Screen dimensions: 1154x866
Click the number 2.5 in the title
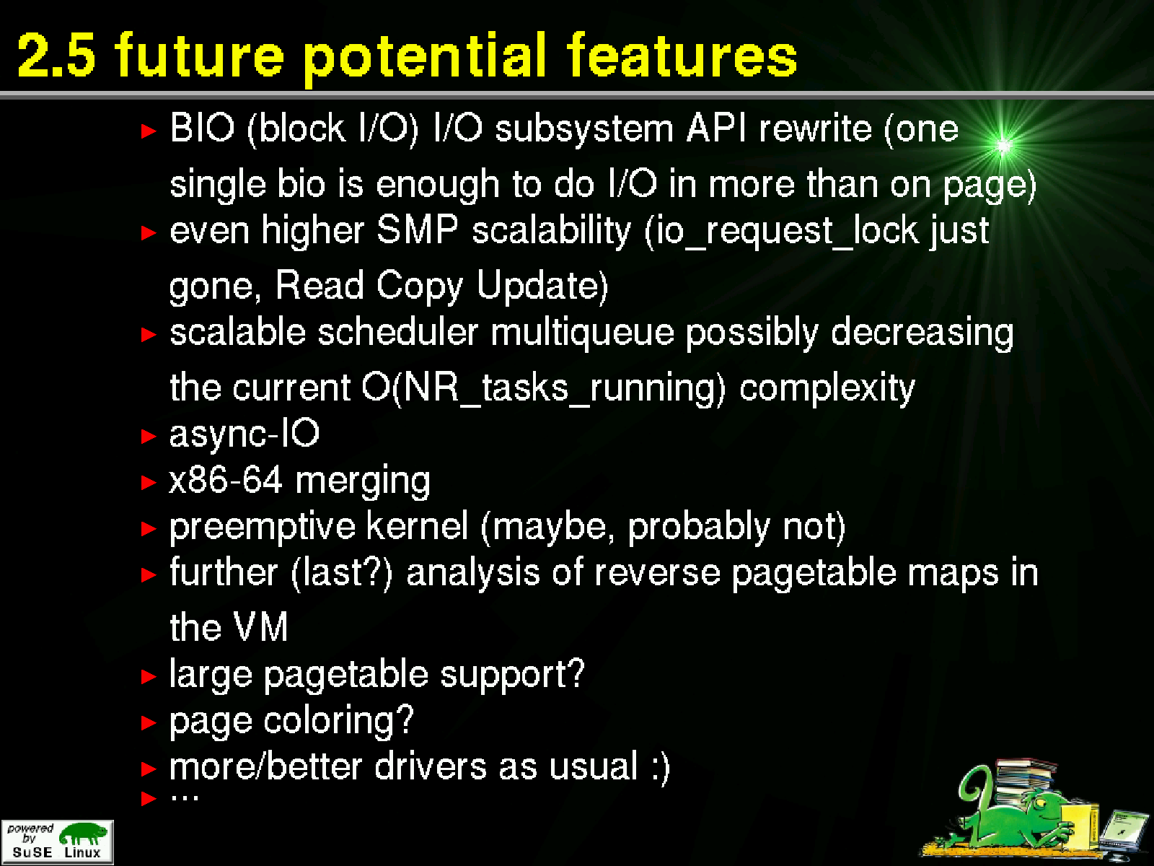[x=56, y=55]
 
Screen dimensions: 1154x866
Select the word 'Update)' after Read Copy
[x=542, y=286]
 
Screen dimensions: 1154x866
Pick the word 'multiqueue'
[x=582, y=333]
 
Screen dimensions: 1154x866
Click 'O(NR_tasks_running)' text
[x=544, y=388]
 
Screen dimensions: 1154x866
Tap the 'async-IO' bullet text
[x=245, y=434]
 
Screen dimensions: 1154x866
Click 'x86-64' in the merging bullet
[x=226, y=479]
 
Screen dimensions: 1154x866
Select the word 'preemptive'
[x=263, y=527]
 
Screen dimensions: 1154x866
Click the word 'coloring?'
[x=338, y=721]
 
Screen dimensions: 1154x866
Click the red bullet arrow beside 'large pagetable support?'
[x=149, y=676]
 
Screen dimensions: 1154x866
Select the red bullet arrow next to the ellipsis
[x=149, y=798]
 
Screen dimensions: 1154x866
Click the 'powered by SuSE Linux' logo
[x=57, y=841]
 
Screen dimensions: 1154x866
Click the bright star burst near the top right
[x=1003, y=146]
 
